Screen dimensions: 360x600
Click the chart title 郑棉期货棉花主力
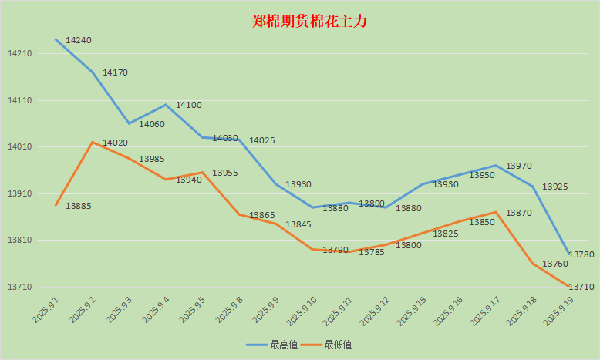310,22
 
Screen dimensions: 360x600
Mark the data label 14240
79,40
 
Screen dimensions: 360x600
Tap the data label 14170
115,72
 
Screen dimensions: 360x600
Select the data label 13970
518,166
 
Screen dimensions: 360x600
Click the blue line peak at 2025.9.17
496,166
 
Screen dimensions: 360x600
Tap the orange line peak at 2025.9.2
93,142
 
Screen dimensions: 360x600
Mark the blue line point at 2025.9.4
166,105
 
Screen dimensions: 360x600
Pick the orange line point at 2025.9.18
533,264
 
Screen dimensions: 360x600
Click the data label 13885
79,206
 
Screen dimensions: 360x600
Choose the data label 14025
262,140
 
